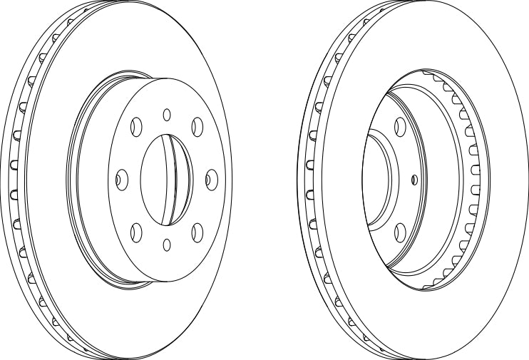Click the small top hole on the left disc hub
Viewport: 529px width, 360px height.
point(167,113)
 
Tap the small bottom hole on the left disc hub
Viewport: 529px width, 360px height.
point(166,245)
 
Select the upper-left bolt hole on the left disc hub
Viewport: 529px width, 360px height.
point(135,127)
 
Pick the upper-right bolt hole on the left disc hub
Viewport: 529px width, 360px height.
point(197,126)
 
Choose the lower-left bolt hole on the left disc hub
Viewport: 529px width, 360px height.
point(135,230)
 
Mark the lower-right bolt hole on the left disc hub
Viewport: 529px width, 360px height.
point(197,230)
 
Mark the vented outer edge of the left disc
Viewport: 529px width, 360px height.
point(17,178)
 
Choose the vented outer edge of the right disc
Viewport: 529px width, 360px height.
point(310,178)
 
